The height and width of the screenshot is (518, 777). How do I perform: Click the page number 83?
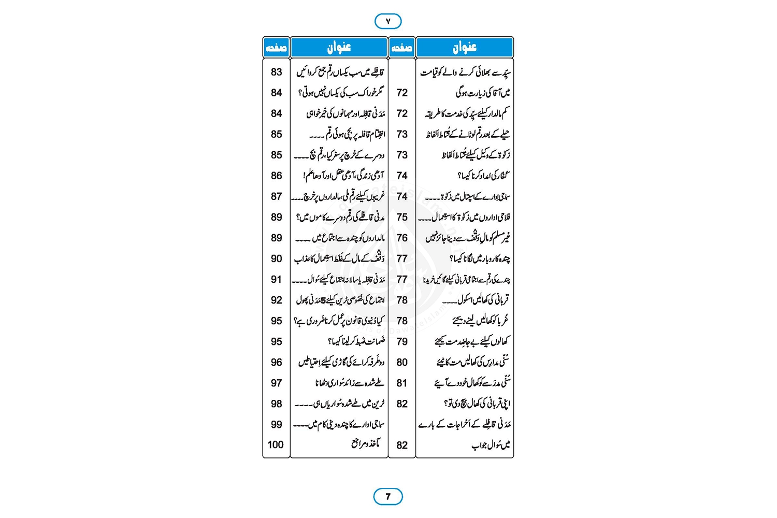pyautogui.click(x=276, y=72)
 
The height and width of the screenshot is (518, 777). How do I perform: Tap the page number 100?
pyautogui.click(x=276, y=444)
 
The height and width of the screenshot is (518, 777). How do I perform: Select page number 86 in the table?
pyautogui.click(x=276, y=176)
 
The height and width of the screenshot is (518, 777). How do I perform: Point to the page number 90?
pyautogui.click(x=276, y=258)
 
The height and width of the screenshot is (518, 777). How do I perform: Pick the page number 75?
pyautogui.click(x=402, y=217)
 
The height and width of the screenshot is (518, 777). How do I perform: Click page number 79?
pyautogui.click(x=402, y=341)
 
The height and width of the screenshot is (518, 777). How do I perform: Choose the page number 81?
pyautogui.click(x=402, y=383)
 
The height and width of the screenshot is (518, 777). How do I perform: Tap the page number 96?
pyautogui.click(x=276, y=362)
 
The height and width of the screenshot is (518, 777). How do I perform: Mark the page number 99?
pyautogui.click(x=276, y=424)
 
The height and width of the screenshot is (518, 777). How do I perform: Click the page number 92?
pyautogui.click(x=276, y=300)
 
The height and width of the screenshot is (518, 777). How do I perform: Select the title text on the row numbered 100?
pyautogui.click(x=366, y=444)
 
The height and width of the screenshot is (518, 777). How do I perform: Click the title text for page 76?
pyautogui.click(x=467, y=238)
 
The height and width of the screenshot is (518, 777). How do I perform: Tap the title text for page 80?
pyautogui.click(x=472, y=362)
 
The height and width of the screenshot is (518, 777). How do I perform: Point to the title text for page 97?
pyautogui.click(x=350, y=383)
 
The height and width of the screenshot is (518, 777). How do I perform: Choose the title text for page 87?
pyautogui.click(x=338, y=196)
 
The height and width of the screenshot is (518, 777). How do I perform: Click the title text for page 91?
pyautogui.click(x=338, y=279)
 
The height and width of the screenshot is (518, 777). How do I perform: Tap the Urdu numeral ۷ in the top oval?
pyautogui.click(x=388, y=21)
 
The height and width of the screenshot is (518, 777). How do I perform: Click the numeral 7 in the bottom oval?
pyautogui.click(x=388, y=497)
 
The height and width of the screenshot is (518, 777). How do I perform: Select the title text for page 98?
pyautogui.click(x=339, y=404)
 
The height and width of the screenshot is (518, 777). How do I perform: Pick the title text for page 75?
pyautogui.click(x=464, y=217)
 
